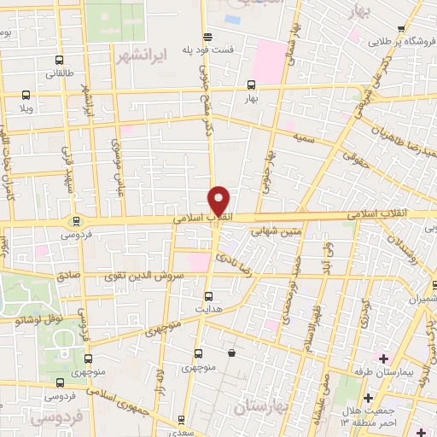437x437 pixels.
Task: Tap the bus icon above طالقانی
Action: coord(58,60)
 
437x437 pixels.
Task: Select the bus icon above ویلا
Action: coord(26,95)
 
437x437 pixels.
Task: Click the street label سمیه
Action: coord(303,137)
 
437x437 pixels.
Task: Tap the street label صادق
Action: coord(68,277)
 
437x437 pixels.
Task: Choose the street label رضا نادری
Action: coord(230,253)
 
